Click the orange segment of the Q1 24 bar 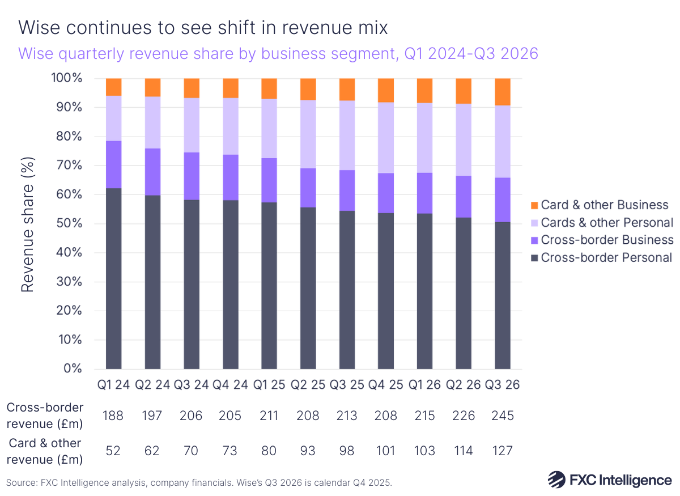[x=114, y=87]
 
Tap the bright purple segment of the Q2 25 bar [x=308, y=188]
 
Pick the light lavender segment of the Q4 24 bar [x=231, y=126]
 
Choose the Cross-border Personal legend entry [x=607, y=257]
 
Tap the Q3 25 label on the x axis [x=347, y=385]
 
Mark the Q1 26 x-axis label [x=424, y=385]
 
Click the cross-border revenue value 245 [x=502, y=416]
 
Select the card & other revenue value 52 [x=114, y=451]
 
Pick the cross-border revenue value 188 [x=114, y=416]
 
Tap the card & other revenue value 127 [x=502, y=451]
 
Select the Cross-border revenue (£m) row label [x=45, y=416]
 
